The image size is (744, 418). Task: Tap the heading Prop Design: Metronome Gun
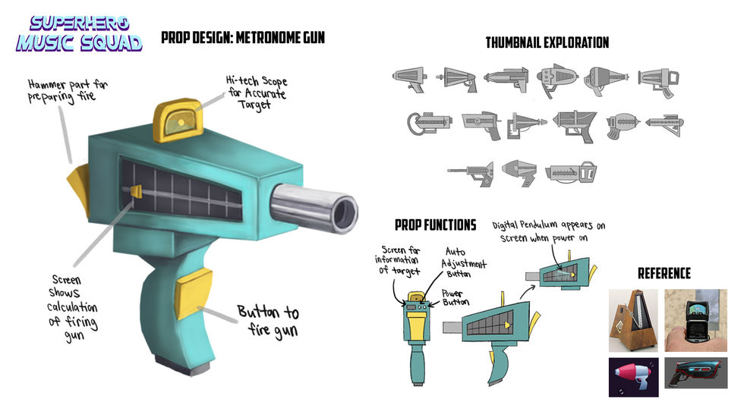point(242,36)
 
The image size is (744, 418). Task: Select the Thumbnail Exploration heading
point(547,42)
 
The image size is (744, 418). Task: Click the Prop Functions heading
point(435,225)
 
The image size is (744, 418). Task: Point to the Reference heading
point(664,273)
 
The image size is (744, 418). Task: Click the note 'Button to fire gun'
point(268,320)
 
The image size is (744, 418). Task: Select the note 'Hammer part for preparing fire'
point(68,90)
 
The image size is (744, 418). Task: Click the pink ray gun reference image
point(632,377)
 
